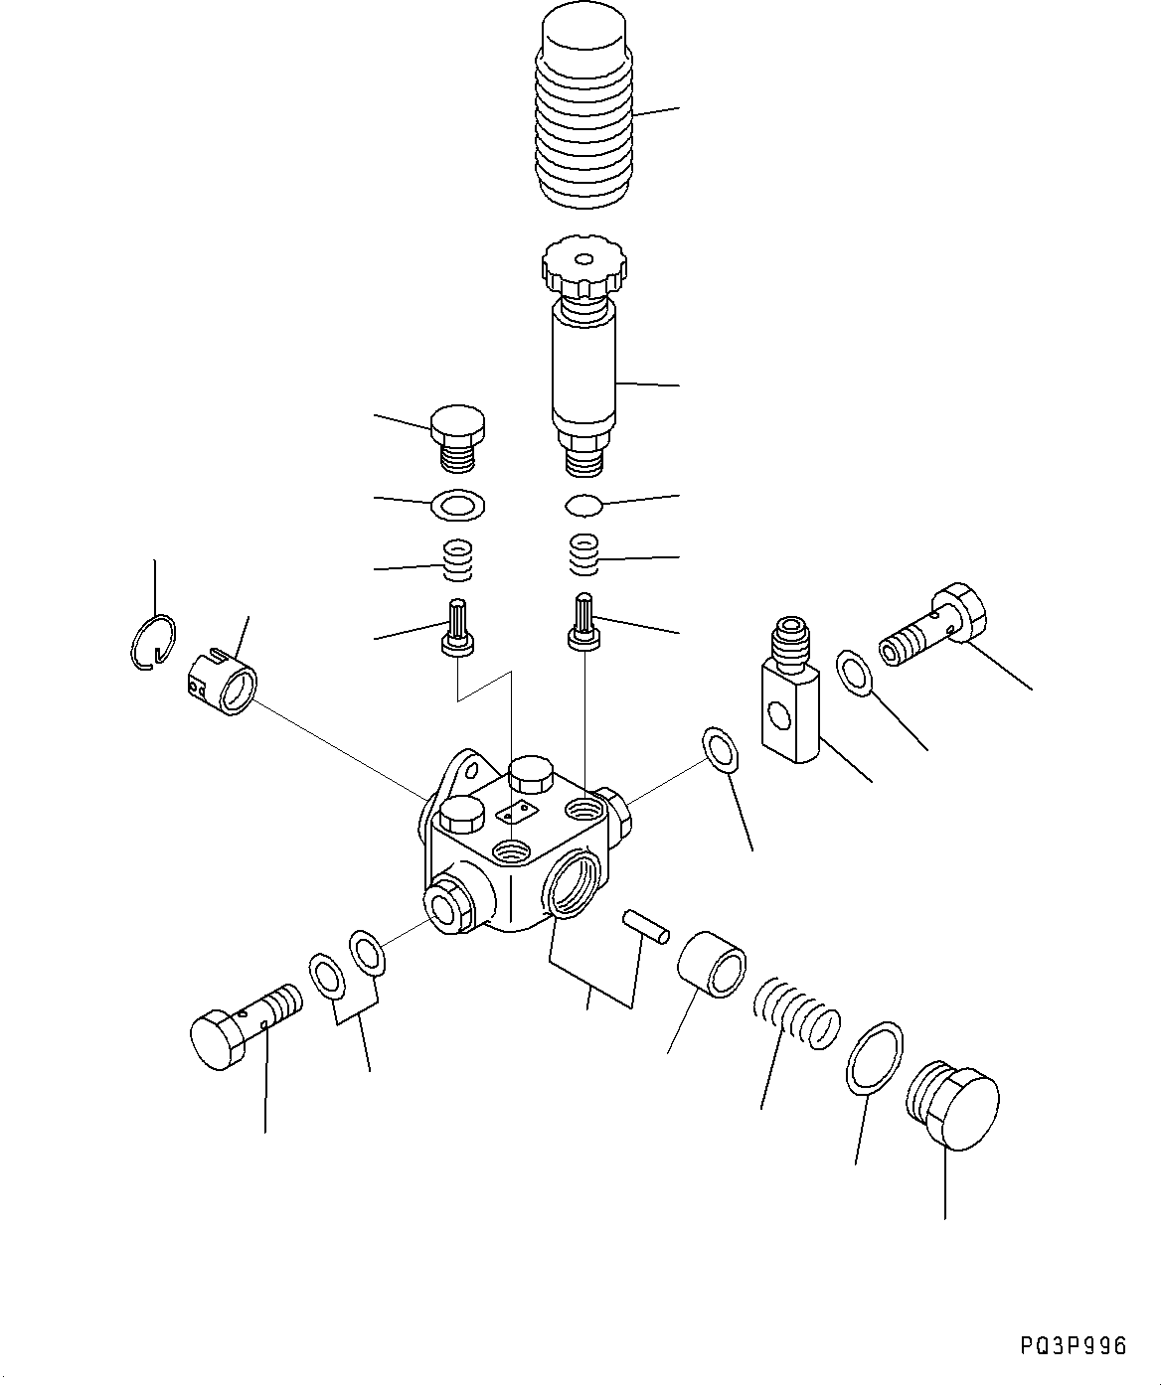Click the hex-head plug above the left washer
457,437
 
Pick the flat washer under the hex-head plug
457,506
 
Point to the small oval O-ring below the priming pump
583,506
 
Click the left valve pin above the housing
458,629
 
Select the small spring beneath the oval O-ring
584,553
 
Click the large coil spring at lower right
796,1013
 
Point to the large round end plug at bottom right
954,1105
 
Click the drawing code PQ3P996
1073,1345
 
